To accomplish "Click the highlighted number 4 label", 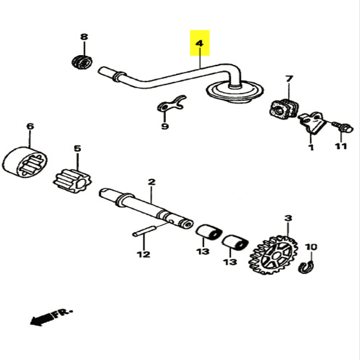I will (x=199, y=43).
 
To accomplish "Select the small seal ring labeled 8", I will (x=81, y=61).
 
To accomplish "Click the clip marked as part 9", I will (x=170, y=105).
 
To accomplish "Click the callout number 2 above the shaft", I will (x=151, y=181).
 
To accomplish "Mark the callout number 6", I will (x=29, y=127).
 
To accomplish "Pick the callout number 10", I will (x=311, y=247).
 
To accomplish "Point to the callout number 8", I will (x=83, y=37).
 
